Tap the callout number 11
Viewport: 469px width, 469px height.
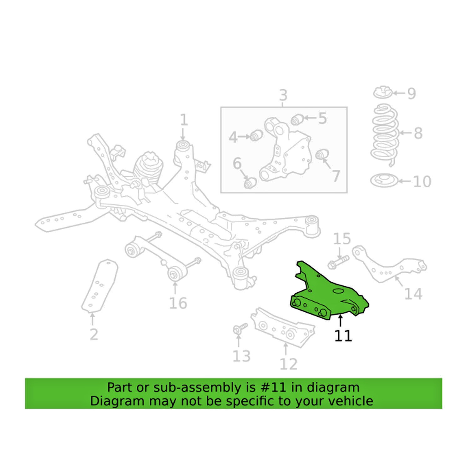click(343, 335)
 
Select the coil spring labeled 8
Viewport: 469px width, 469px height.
click(385, 134)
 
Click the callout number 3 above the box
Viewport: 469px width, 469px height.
click(283, 95)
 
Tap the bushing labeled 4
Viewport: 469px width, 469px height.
click(256, 135)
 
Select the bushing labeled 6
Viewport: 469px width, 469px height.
click(250, 182)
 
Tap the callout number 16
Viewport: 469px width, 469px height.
click(178, 303)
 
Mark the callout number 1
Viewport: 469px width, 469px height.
click(184, 120)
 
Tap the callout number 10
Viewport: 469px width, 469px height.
click(422, 181)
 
